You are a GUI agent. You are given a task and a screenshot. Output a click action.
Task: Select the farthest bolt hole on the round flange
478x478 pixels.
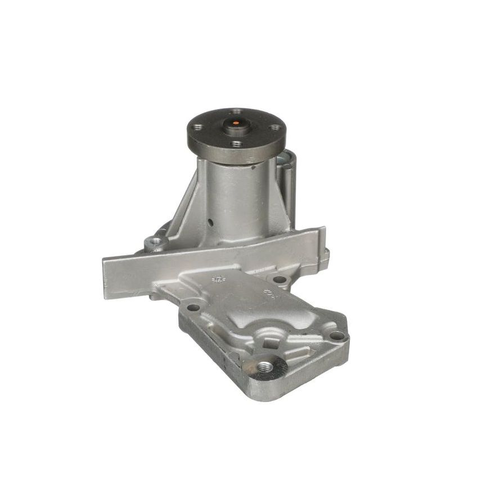click(236, 111)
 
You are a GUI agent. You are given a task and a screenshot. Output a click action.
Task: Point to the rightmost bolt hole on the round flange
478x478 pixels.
click(274, 128)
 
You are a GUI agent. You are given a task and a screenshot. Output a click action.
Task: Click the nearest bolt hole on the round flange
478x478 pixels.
click(237, 144)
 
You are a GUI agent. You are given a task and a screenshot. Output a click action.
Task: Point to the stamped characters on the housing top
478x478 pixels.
click(269, 293)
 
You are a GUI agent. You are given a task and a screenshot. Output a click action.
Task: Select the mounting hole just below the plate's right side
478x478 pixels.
click(279, 278)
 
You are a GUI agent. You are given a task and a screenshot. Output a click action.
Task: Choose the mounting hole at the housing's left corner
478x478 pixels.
click(193, 308)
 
